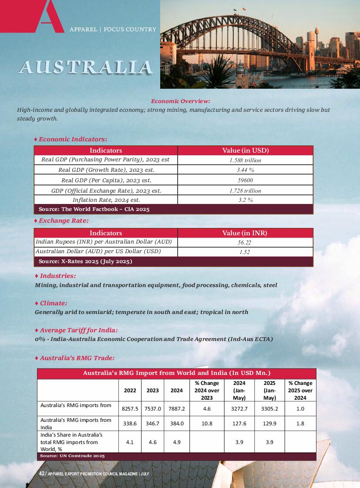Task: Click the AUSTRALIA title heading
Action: point(85,67)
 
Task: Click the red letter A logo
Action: point(46,17)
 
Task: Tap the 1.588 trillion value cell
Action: point(245,160)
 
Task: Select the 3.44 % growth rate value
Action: point(245,170)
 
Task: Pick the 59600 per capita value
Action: point(245,180)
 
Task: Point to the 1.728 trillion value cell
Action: point(245,191)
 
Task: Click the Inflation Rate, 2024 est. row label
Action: point(106,200)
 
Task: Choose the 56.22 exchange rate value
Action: point(245,242)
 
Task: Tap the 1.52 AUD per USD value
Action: point(245,252)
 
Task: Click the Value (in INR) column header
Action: point(245,233)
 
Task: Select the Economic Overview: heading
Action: point(180,101)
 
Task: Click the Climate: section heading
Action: point(54,303)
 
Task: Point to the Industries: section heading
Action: point(57,276)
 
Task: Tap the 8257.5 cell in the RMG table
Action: point(130,409)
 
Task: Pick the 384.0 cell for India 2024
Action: point(176,423)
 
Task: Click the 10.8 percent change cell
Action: point(207,423)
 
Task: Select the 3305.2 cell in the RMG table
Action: point(269,409)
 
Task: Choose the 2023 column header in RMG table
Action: point(152,391)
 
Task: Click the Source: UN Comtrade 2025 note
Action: point(72,456)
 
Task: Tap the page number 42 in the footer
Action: point(42,473)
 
